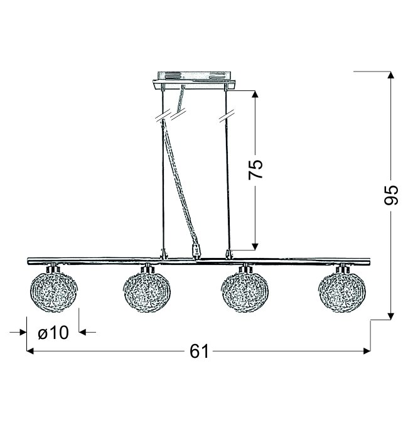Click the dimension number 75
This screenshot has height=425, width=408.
[x=255, y=169]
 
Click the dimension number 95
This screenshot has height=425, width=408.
[x=391, y=195]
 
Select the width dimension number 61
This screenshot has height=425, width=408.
[x=199, y=352]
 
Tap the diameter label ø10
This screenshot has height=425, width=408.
[x=53, y=332]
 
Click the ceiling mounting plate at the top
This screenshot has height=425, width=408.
[x=194, y=80]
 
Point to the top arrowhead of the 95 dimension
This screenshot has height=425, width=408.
[x=390, y=75]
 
